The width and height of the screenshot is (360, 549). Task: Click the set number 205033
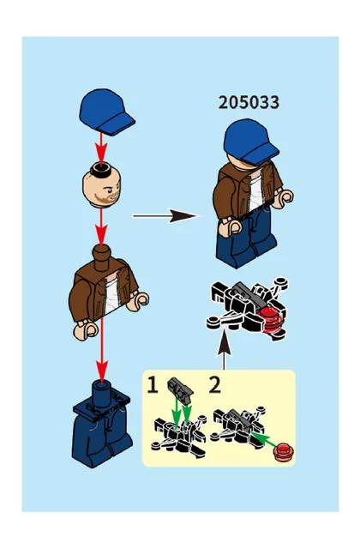click(x=249, y=103)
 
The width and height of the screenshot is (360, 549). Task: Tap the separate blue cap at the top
click(x=106, y=112)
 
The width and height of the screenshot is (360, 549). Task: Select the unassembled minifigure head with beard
click(x=102, y=185)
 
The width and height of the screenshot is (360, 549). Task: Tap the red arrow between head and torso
click(x=101, y=226)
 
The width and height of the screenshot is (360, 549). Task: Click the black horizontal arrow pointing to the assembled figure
click(x=165, y=216)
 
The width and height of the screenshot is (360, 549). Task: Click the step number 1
click(x=153, y=385)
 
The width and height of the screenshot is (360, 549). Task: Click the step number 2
click(x=215, y=385)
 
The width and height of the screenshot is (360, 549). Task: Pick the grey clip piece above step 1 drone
click(x=180, y=389)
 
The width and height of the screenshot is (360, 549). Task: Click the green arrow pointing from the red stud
click(x=264, y=440)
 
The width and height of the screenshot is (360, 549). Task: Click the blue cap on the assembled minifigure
click(x=250, y=141)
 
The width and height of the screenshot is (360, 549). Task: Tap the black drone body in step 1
click(x=179, y=435)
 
